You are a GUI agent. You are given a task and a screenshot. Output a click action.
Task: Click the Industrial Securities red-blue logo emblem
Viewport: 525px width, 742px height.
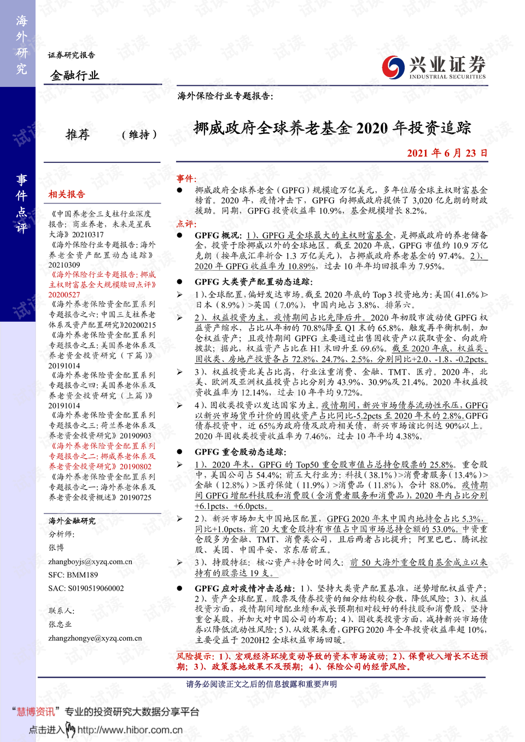393,67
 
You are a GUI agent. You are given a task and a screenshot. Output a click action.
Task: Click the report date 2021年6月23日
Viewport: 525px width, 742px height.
447,153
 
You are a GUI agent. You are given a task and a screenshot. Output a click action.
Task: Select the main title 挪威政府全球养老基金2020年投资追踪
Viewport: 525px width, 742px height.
332,128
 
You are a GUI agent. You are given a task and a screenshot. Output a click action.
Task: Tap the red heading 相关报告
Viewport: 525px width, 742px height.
67,194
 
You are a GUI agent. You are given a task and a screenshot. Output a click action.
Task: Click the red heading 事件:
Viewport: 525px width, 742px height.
186,179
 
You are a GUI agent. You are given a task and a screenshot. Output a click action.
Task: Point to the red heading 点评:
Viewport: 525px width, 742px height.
186,224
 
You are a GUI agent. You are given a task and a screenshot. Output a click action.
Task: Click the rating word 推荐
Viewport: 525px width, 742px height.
78,135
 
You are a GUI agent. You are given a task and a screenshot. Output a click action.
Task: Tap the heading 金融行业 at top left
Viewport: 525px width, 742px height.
75,75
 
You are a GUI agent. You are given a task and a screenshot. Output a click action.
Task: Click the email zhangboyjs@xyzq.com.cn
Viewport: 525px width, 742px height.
90,562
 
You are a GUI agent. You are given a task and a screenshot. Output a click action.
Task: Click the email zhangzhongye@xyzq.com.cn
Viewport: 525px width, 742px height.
95,638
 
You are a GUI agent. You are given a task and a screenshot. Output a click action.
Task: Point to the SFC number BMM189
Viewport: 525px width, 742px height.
73,575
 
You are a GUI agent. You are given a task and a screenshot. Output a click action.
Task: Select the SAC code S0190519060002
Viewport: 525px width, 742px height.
86,588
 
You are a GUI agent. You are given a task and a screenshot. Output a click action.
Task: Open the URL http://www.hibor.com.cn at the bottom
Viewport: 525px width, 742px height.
130,730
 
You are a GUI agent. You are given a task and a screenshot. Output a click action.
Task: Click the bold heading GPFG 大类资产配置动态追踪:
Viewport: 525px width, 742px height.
254,282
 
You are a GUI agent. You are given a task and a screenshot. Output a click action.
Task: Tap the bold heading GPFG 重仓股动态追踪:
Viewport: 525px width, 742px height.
240,452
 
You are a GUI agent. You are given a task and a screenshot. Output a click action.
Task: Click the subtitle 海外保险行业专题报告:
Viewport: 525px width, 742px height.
225,96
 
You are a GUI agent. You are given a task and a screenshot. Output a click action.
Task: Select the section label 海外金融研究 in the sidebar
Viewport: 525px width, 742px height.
72,521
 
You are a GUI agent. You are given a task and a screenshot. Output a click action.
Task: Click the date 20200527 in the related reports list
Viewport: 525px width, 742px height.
64,295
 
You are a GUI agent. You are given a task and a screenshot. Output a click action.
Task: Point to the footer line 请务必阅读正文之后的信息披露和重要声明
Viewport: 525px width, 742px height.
261,684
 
